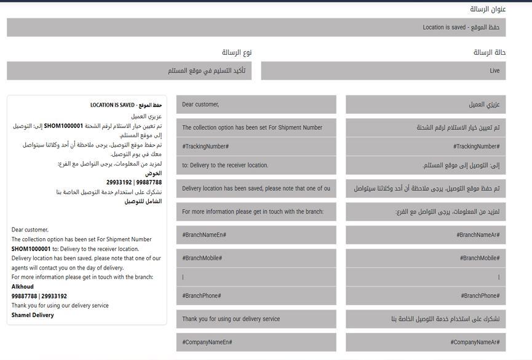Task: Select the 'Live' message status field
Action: (x=383, y=71)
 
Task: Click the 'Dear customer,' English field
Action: (x=256, y=105)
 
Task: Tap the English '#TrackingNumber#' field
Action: (x=256, y=146)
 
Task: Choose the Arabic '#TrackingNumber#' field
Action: (x=426, y=146)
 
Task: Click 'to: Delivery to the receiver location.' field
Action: (x=256, y=165)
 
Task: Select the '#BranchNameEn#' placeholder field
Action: (x=256, y=235)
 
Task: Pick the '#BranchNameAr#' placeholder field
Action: (x=426, y=235)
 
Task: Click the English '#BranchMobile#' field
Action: (x=256, y=258)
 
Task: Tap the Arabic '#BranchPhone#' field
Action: (x=426, y=296)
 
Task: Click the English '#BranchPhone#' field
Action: (x=256, y=296)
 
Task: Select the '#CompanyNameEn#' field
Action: (x=256, y=342)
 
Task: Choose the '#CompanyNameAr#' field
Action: (x=426, y=342)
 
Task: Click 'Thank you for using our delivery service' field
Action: (x=256, y=319)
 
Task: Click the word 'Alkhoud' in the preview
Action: (x=23, y=287)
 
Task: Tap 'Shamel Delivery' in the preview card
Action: (x=33, y=315)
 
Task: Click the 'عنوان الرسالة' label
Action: (x=488, y=9)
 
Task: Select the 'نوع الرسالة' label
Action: (x=237, y=53)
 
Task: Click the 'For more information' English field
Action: (x=256, y=212)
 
